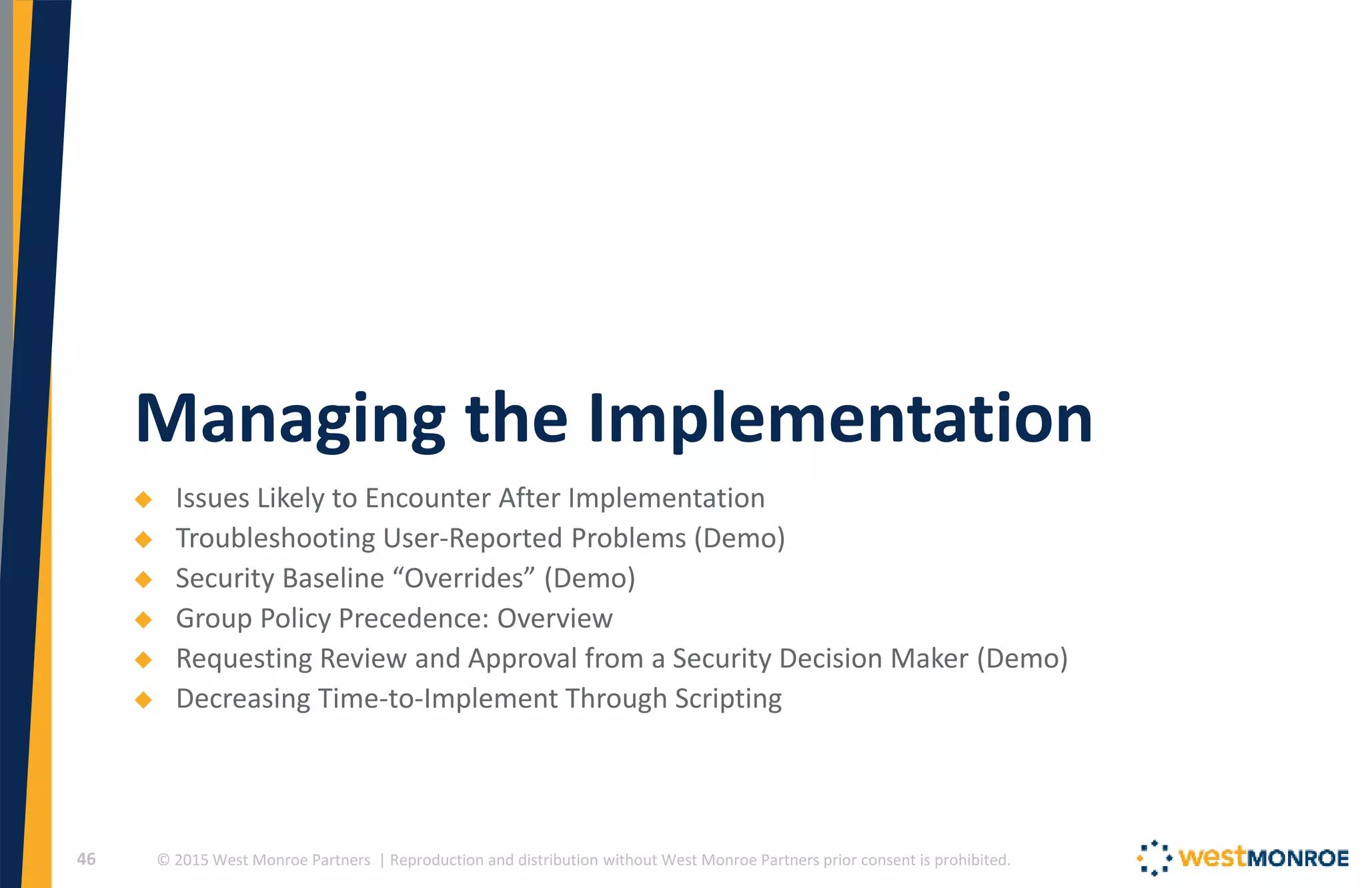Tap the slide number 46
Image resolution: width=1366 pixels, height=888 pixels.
tap(86, 859)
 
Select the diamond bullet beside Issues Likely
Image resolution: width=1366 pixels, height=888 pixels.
tap(143, 499)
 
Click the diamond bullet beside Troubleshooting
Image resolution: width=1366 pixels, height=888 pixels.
tap(143, 539)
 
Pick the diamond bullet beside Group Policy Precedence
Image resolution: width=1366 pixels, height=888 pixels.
tap(143, 619)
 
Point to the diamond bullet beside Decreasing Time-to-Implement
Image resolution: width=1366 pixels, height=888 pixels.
tap(143, 699)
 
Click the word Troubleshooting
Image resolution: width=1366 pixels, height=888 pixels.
tap(275, 538)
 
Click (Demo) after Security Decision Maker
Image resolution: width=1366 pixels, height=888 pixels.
tap(1022, 658)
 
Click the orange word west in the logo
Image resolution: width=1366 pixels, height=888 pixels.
tap(1212, 857)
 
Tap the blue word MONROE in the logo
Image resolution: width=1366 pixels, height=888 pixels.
tap(1298, 858)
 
